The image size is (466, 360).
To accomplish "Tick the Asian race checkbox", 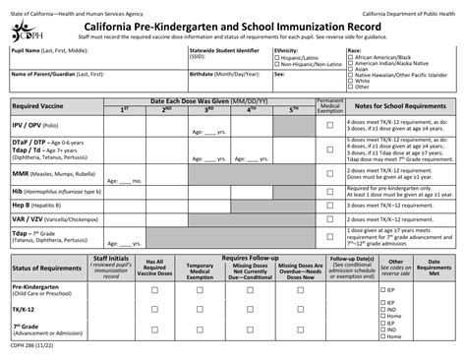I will (x=352, y=70).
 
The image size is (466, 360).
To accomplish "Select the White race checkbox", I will (x=352, y=82).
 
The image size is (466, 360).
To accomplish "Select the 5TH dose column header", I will (x=294, y=109).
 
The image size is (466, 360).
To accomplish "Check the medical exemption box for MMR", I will (x=330, y=173).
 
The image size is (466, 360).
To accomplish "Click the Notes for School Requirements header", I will (x=402, y=105).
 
